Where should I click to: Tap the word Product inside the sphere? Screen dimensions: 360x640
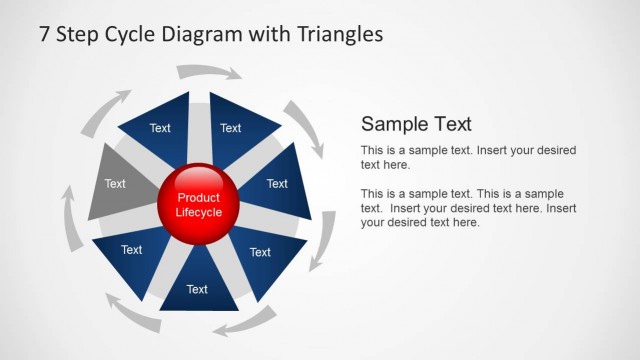(x=198, y=198)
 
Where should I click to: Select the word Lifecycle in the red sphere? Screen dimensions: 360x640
(x=198, y=212)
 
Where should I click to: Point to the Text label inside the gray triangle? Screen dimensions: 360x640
(x=115, y=184)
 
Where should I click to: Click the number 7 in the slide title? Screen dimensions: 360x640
(x=45, y=34)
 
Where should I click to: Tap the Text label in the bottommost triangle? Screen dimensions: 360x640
(x=197, y=289)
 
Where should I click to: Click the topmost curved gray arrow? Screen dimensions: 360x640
(x=208, y=72)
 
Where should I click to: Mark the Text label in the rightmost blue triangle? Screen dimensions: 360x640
(x=277, y=184)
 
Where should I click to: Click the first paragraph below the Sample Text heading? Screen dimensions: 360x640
(x=468, y=157)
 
